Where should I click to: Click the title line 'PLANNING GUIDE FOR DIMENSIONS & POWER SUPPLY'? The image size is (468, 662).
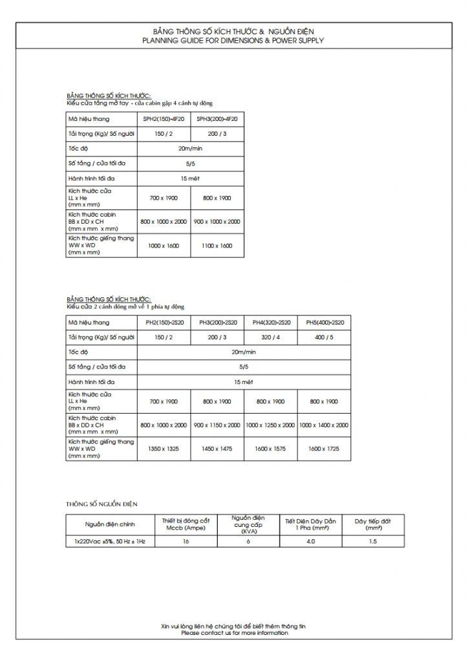[234, 40]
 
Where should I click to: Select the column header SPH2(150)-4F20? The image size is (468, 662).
[164, 120]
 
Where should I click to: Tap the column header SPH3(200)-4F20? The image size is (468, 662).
[217, 120]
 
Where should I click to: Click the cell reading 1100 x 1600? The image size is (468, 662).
[217, 246]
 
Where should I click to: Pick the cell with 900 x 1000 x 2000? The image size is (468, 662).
[217, 221]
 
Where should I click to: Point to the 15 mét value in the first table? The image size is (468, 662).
[190, 178]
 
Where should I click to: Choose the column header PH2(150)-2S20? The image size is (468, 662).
[164, 323]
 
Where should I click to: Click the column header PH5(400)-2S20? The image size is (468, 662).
[324, 323]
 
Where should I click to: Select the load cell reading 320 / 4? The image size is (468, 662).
[271, 337]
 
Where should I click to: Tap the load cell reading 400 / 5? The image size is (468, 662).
[324, 337]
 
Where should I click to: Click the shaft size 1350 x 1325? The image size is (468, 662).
[164, 449]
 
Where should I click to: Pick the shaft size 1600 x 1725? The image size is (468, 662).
[324, 449]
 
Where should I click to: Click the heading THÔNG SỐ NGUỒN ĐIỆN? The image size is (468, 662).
[101, 502]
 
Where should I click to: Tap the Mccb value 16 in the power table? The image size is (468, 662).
[186, 541]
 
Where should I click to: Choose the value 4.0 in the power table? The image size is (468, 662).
[311, 541]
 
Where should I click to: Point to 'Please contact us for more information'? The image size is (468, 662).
[234, 633]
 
